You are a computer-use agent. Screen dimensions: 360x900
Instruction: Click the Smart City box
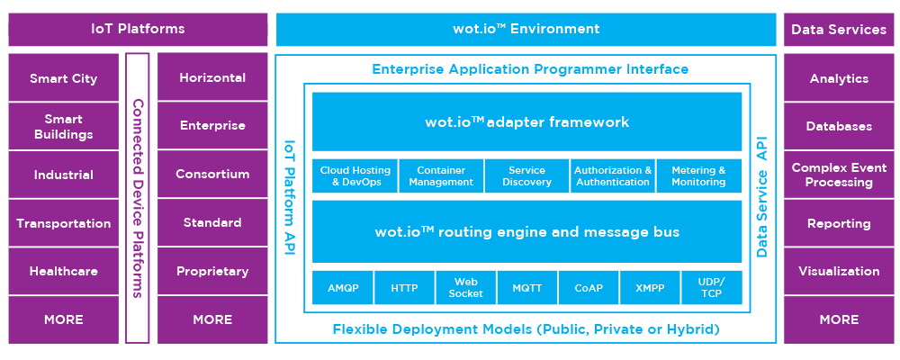[x=63, y=78]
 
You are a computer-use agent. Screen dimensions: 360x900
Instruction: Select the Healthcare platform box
[x=63, y=271]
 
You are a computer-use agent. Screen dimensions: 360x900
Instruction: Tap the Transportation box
[x=63, y=223]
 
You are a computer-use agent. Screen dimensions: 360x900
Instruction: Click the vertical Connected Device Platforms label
[x=138, y=197]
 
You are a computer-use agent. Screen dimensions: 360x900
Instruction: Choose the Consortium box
[x=212, y=174]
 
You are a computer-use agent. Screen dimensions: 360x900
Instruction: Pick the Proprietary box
[x=212, y=271]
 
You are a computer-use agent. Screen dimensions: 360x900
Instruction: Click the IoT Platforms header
[x=138, y=29]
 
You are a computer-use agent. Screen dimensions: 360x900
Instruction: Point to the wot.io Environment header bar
[x=526, y=29]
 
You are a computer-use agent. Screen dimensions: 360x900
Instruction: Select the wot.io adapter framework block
[x=526, y=121]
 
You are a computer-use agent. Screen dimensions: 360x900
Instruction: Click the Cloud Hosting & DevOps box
[x=355, y=176]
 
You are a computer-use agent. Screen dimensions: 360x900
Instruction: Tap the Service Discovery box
[x=526, y=176]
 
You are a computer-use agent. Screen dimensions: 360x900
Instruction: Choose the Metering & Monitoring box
[x=698, y=176]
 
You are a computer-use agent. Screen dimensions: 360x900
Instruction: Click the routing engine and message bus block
[x=526, y=231]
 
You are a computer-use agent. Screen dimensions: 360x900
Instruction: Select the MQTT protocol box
[x=526, y=288]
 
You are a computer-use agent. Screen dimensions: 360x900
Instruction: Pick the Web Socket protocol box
[x=465, y=288]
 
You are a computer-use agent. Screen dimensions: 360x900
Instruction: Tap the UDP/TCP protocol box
[x=711, y=288]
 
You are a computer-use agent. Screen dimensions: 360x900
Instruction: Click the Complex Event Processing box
[x=839, y=175]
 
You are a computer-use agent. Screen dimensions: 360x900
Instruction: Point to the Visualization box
[x=839, y=271]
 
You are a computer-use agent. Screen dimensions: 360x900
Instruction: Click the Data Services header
[x=839, y=29]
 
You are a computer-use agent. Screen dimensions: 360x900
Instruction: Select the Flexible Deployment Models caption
[x=526, y=329]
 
